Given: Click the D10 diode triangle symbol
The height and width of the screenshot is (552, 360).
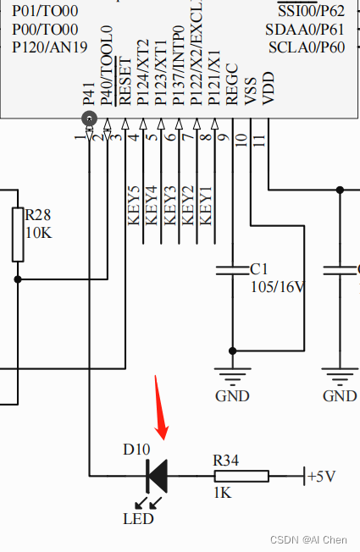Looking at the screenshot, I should (x=157, y=476).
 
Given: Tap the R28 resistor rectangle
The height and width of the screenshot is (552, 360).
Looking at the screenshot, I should (x=18, y=235).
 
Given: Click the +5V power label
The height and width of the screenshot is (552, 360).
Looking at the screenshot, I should (x=322, y=476).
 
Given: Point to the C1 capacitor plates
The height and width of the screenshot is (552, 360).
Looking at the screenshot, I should (x=233, y=271).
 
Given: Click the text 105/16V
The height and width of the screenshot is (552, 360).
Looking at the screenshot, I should (x=277, y=286).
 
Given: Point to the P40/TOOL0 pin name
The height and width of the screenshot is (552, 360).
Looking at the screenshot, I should (x=107, y=66).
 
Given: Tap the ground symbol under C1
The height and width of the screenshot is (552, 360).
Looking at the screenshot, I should (x=233, y=373).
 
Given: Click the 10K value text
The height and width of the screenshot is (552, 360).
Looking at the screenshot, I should (x=38, y=232).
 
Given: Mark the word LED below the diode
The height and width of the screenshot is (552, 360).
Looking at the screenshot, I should (x=138, y=518).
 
